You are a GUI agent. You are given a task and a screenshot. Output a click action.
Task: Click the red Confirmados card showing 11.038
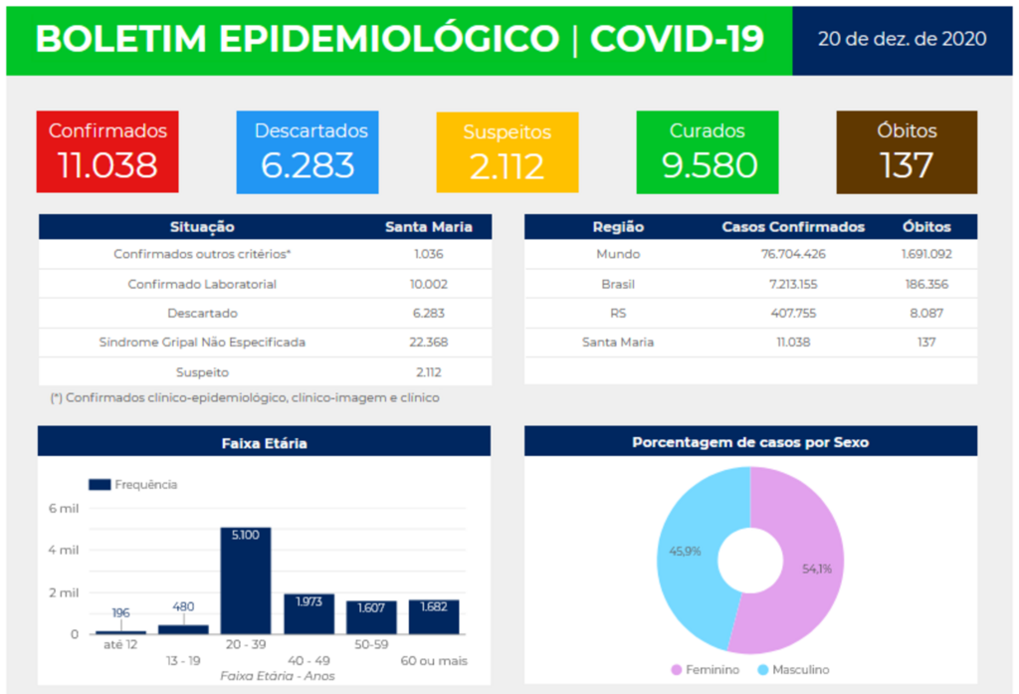click(x=107, y=151)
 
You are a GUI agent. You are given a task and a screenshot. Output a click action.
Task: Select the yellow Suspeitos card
click(x=507, y=152)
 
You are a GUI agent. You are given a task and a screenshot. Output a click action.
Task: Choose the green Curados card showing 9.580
click(x=707, y=151)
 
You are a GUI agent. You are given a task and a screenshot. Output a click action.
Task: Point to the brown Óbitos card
click(x=907, y=151)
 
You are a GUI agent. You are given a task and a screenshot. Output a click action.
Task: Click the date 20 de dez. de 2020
click(x=902, y=39)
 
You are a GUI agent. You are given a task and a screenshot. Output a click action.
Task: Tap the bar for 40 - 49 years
click(x=308, y=615)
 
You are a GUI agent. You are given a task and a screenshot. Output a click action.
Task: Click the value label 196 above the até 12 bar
click(x=121, y=612)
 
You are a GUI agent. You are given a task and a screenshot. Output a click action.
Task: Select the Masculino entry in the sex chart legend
click(x=793, y=670)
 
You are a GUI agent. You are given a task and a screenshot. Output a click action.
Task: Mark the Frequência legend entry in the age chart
click(x=134, y=485)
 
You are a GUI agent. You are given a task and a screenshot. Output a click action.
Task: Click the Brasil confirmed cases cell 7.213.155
click(x=792, y=284)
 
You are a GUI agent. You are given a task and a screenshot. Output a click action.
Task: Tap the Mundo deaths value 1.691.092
click(x=925, y=254)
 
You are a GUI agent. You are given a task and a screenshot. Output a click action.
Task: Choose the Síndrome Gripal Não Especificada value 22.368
click(x=429, y=343)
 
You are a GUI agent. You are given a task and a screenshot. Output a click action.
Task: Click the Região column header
click(x=618, y=227)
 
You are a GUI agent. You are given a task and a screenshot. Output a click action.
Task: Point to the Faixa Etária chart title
click(x=264, y=442)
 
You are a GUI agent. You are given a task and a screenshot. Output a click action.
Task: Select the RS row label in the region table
click(x=618, y=313)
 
